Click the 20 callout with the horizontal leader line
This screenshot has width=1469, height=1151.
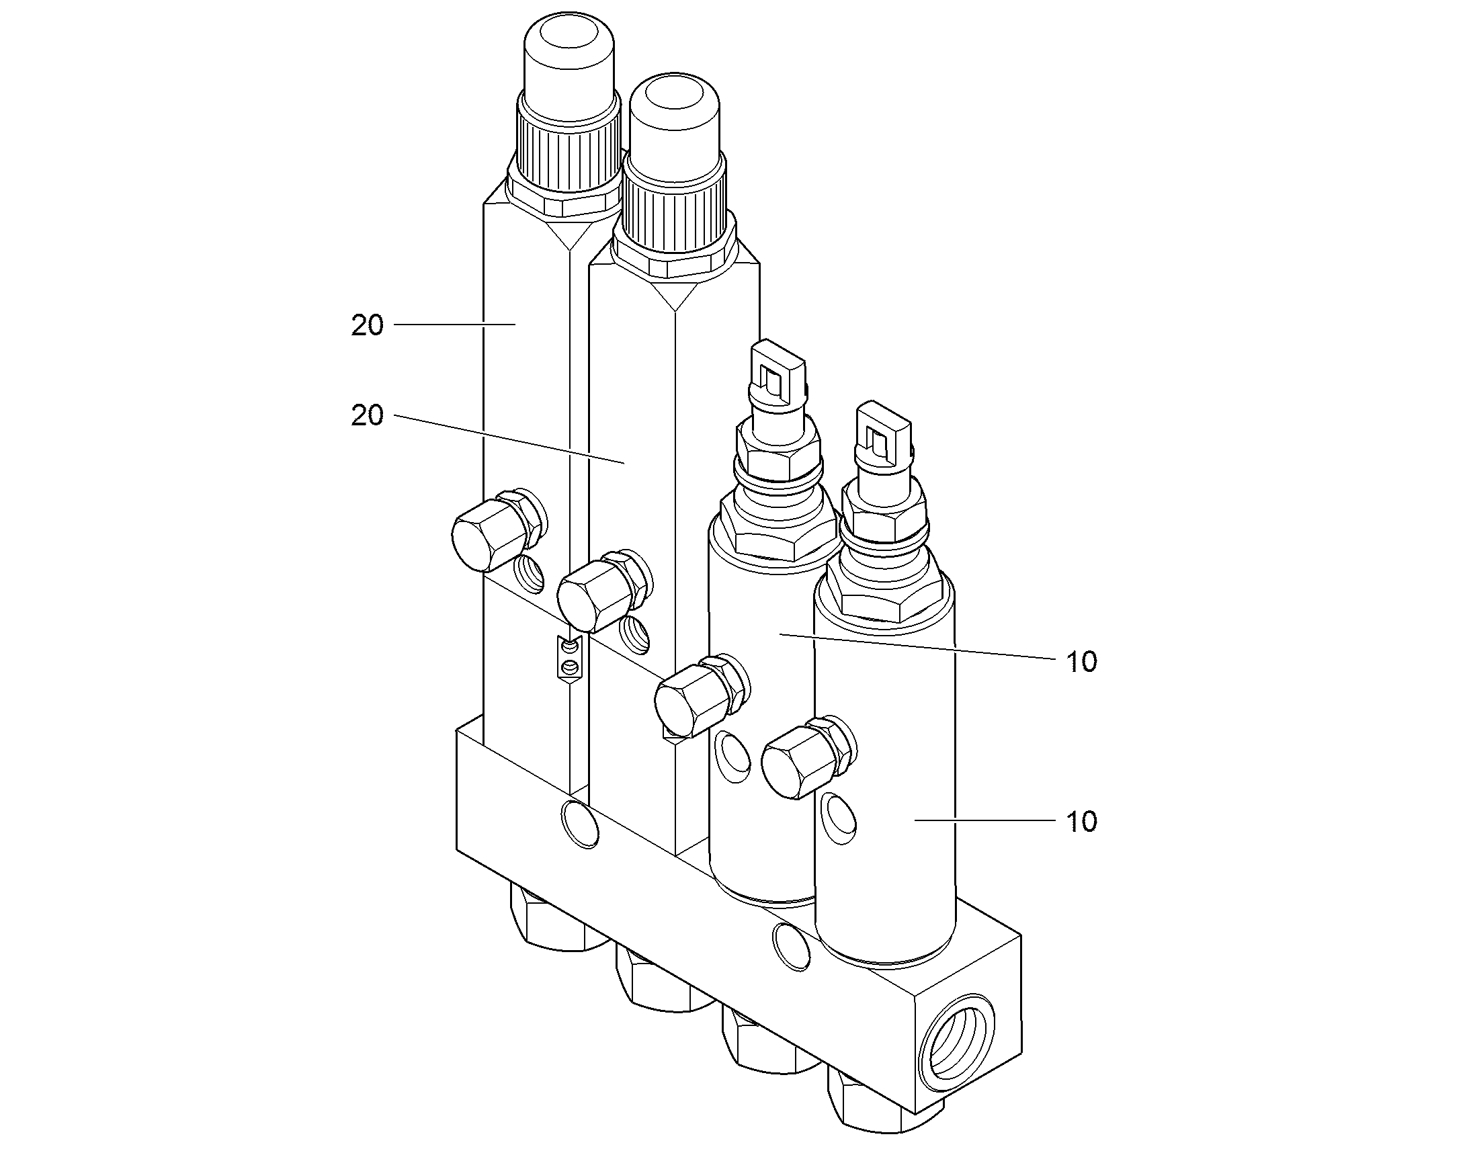pyautogui.click(x=367, y=325)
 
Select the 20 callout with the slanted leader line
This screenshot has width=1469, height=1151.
pyautogui.click(x=367, y=416)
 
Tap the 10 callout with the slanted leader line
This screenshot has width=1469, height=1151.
pyautogui.click(x=1082, y=662)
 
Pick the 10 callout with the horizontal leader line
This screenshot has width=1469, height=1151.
pyautogui.click(x=1082, y=822)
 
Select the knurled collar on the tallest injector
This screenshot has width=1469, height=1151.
pyautogui.click(x=568, y=142)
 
